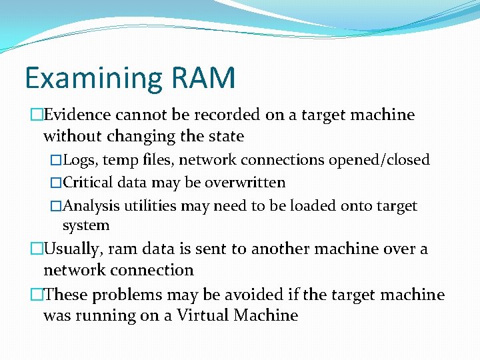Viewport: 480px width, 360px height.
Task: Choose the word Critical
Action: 89,182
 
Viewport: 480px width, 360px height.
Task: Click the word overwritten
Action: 247,182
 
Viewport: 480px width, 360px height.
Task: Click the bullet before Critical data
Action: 56,183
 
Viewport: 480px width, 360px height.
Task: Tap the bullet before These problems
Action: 37,295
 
